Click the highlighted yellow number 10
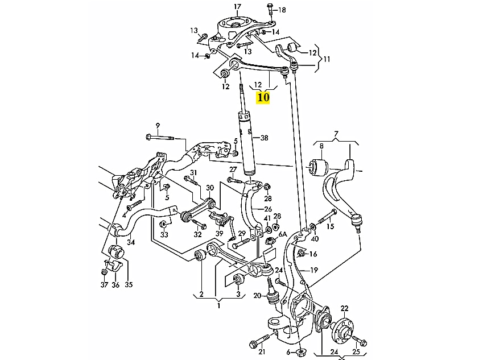pos(263,97)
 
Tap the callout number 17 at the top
pos(238,7)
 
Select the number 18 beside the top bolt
pos(282,10)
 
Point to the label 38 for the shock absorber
pos(263,138)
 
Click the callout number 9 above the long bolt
pos(158,125)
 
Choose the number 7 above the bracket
pos(336,134)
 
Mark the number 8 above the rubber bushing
pos(321,146)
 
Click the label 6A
pos(282,227)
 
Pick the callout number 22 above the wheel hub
pos(344,308)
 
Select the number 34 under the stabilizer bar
pos(131,242)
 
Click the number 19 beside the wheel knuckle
pos(314,270)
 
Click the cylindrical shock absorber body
pos(247,142)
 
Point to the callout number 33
pos(164,234)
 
